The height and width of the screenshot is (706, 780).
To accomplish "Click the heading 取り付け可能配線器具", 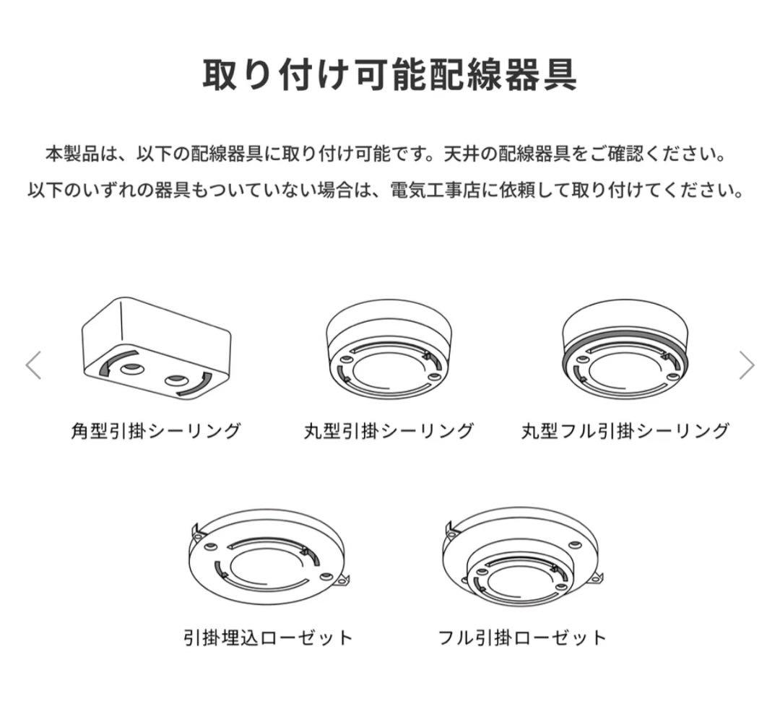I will coord(389,74).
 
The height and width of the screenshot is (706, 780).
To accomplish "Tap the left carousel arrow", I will coord(33,365).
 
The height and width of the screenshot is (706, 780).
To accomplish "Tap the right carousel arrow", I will coord(747,365).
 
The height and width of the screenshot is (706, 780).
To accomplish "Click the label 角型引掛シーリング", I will coord(156,432).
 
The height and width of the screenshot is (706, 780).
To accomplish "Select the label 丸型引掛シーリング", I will coord(389,432).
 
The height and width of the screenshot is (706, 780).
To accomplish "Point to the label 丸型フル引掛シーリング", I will coord(625,432).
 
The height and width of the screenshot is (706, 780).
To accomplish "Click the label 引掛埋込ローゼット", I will coord(268,638).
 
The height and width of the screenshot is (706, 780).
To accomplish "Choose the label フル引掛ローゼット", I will coord(522,638).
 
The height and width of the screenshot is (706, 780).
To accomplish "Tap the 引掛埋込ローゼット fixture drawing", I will coord(268,556).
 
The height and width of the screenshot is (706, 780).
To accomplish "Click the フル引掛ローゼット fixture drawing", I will coord(522,556).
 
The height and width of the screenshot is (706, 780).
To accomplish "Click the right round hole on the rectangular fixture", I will coord(174,380).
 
